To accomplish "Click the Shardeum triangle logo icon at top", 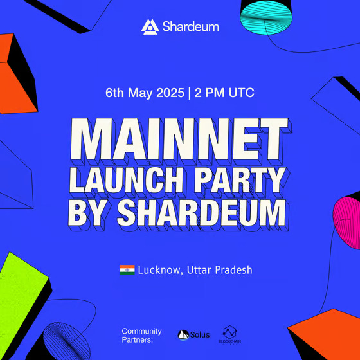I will [150, 26].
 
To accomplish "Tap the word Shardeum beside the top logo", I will [190, 27].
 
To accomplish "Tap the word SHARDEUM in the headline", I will [204, 212].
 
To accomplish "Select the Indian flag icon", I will [127, 270].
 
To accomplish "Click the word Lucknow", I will [159, 270].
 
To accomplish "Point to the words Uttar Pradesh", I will [220, 270].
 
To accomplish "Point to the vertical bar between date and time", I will [190, 93].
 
